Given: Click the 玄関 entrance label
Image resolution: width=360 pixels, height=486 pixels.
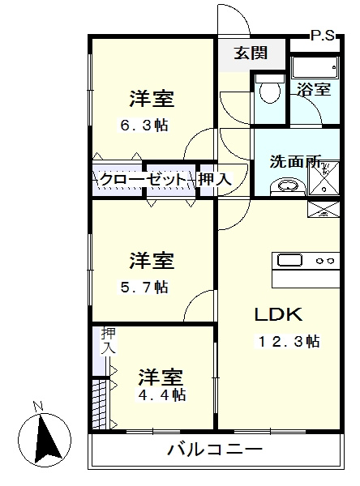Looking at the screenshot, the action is coord(251,53).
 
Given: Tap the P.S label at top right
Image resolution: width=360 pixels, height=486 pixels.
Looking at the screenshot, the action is coord(323,36).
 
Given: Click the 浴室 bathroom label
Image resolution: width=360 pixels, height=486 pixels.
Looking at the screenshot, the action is coord(314,89).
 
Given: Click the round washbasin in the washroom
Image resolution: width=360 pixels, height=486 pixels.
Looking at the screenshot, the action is coord(288,186).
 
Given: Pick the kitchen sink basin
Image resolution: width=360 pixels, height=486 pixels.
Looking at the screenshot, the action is coord(289,260).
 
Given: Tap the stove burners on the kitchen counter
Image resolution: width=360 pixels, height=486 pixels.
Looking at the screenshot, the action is coord(326,261).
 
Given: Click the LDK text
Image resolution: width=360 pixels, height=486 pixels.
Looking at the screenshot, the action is coord(278,314).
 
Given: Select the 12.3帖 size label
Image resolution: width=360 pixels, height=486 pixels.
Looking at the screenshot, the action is coord(289,341).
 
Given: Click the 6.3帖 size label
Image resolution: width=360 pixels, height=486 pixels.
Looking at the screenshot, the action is coord(144,126).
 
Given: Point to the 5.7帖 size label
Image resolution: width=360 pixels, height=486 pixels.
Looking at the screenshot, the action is coord(144,287).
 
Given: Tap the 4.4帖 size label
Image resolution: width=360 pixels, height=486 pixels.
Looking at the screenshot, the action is coord(161,394).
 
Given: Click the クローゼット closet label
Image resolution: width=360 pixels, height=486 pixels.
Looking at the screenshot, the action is coord(143,179).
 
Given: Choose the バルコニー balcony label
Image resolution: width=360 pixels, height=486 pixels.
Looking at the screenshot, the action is coord(215,449).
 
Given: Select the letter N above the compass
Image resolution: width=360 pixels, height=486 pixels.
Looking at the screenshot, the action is coord(38,407).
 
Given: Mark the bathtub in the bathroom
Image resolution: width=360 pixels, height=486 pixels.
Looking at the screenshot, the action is coord(315,66).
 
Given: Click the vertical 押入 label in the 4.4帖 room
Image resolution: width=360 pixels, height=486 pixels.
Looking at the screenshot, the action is coord(109,341).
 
